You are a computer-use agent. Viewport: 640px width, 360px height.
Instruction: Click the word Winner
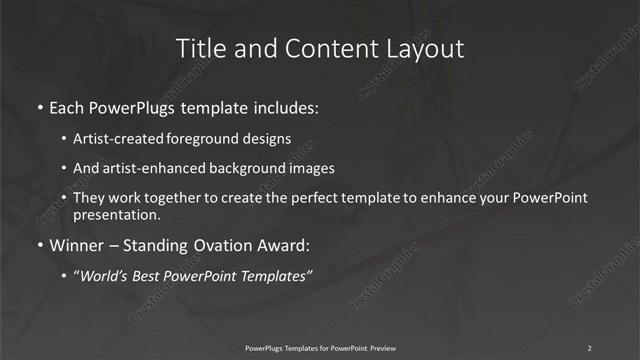point(78,244)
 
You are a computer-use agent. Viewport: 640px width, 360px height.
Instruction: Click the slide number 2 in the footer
point(590,347)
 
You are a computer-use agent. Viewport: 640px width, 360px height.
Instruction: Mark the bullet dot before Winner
point(39,245)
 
